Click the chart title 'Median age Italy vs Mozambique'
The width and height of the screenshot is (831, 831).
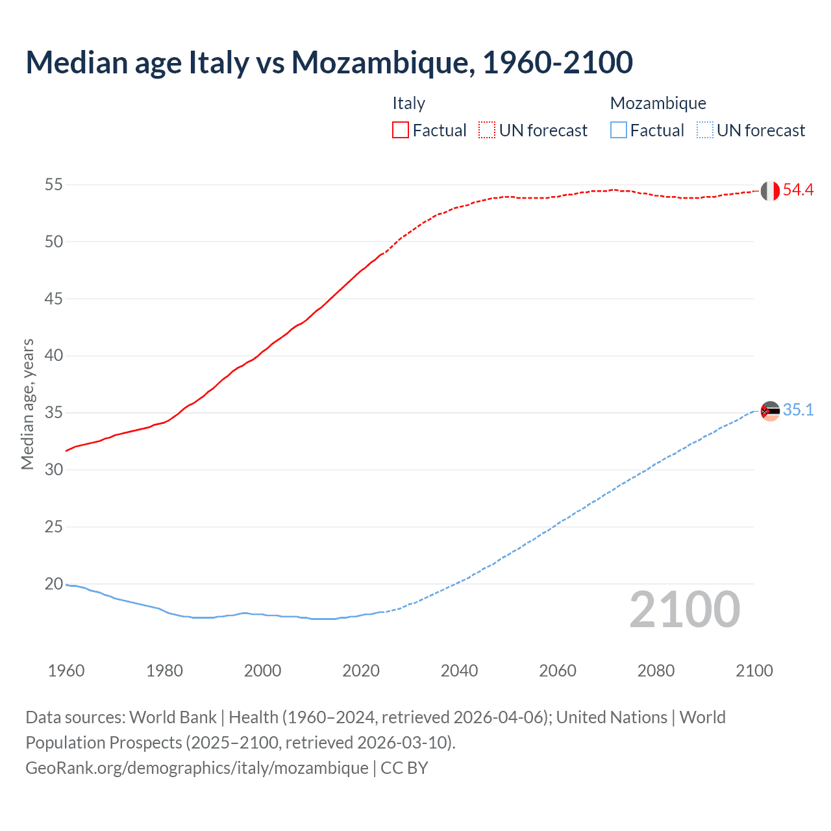(x=329, y=63)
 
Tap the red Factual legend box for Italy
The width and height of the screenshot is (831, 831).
(x=401, y=130)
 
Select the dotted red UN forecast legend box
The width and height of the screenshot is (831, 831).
(x=487, y=130)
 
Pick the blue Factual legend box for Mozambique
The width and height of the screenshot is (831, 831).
(x=619, y=130)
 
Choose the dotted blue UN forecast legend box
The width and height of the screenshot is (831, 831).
(x=705, y=130)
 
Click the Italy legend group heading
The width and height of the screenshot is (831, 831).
(x=408, y=103)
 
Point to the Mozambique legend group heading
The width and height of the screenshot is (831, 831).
(x=658, y=103)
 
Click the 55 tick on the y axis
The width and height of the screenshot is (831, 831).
(x=54, y=184)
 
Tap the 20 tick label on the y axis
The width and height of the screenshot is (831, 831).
(x=54, y=584)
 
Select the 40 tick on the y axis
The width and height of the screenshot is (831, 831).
(x=54, y=355)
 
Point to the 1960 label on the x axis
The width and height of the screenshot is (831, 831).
(x=66, y=671)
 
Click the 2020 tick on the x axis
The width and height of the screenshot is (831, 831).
(x=361, y=671)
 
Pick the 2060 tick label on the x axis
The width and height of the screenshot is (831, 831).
(x=558, y=671)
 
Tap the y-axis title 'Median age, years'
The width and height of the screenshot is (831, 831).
(x=27, y=404)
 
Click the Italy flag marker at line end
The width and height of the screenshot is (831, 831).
(x=770, y=191)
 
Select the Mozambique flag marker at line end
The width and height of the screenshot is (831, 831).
(x=770, y=411)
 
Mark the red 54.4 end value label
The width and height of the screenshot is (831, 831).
(x=798, y=190)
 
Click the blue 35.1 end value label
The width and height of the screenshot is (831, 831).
(x=798, y=410)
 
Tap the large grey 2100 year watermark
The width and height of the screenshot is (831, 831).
(x=684, y=609)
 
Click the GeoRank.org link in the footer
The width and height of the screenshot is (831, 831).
(x=197, y=767)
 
